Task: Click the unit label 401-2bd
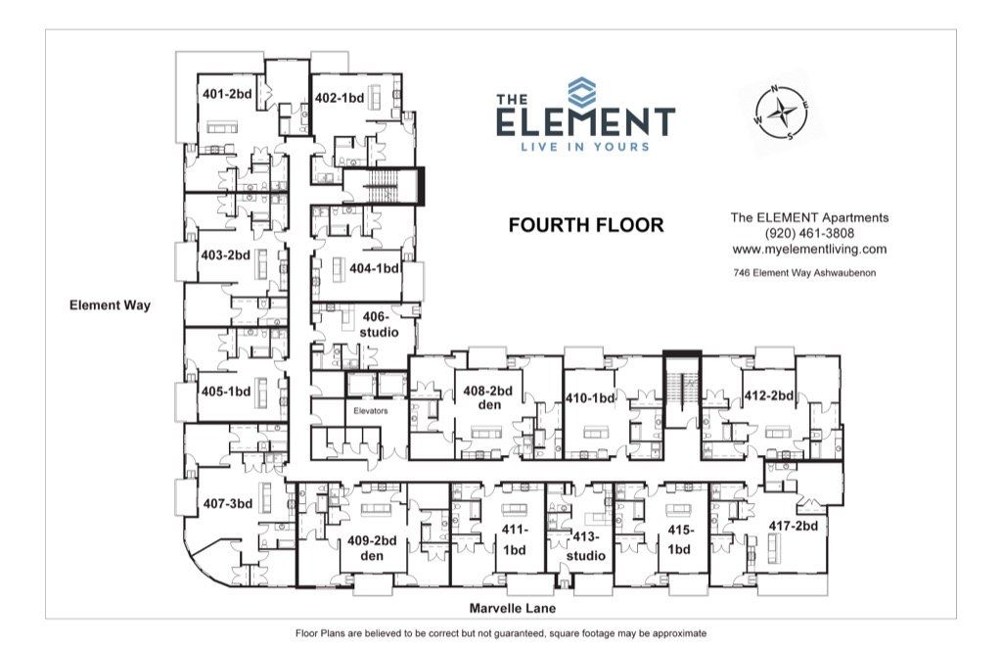click(x=225, y=95)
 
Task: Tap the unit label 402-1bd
click(x=340, y=98)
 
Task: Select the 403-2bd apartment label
click(x=226, y=255)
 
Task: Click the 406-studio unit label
click(x=378, y=325)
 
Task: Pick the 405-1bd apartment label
click(x=226, y=392)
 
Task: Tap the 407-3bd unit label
click(x=228, y=504)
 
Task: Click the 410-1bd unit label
click(x=590, y=398)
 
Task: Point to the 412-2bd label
click(x=767, y=397)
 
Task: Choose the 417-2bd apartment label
click(x=793, y=526)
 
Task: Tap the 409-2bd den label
click(x=372, y=548)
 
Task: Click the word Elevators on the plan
click(x=371, y=411)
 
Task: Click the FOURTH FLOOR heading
click(x=586, y=226)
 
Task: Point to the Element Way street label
click(x=110, y=305)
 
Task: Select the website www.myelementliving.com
click(x=809, y=250)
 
